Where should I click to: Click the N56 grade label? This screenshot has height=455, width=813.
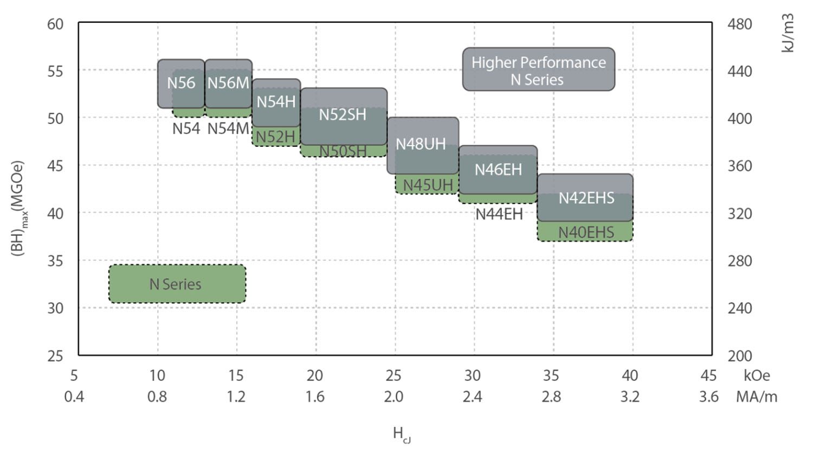(x=181, y=83)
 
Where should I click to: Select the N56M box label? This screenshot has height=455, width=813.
(x=228, y=83)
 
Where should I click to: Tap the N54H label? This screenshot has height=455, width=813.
(x=276, y=101)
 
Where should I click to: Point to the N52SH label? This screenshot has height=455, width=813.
(x=343, y=115)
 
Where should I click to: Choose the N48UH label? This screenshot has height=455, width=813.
(x=421, y=144)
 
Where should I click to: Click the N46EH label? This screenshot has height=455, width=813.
(x=498, y=170)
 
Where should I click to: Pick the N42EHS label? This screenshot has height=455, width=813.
(x=586, y=198)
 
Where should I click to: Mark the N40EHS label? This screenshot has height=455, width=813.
(x=586, y=232)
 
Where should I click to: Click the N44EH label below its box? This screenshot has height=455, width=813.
(x=499, y=214)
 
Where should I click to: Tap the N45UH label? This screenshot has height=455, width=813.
(x=428, y=185)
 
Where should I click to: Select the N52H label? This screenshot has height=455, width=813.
(x=276, y=137)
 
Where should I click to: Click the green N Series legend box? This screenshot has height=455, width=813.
(x=177, y=284)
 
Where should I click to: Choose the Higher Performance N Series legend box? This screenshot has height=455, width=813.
(x=539, y=70)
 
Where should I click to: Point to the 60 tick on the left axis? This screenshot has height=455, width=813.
(x=55, y=24)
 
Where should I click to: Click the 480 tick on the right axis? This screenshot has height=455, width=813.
(x=739, y=24)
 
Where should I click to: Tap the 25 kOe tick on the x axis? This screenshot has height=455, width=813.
(x=393, y=375)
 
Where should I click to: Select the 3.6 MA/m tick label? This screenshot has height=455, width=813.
(x=708, y=397)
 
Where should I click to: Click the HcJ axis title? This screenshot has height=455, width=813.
(x=402, y=434)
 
